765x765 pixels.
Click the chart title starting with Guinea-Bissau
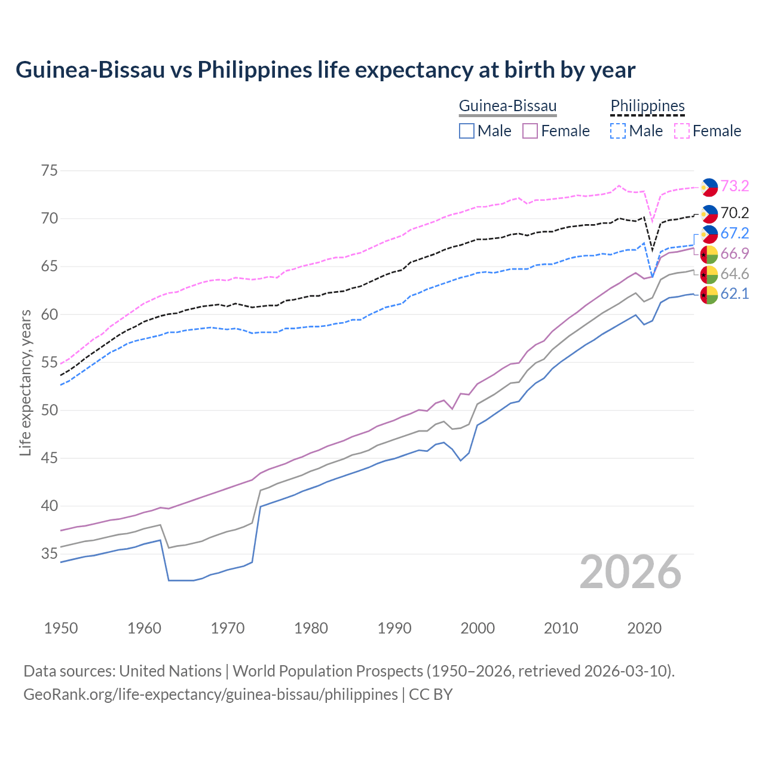(325, 70)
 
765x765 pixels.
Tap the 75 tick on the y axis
(50, 171)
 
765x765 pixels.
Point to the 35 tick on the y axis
(50, 554)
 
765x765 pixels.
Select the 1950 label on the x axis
(61, 628)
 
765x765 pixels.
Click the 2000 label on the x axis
(478, 628)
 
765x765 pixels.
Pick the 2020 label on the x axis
(644, 628)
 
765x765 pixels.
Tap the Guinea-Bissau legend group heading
(507, 106)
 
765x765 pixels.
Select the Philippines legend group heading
(647, 106)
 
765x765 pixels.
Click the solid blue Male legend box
(467, 131)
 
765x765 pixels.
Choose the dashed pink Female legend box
(682, 131)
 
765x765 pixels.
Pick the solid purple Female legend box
(530, 131)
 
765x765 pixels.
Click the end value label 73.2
(735, 186)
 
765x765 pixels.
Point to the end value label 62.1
(735, 294)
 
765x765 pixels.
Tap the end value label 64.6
(735, 274)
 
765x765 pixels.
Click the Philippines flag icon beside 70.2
(709, 213)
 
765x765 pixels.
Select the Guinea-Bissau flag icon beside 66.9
(709, 254)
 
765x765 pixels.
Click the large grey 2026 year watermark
(631, 572)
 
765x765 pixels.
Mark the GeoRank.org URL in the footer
(210, 694)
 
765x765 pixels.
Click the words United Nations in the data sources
(170, 671)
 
